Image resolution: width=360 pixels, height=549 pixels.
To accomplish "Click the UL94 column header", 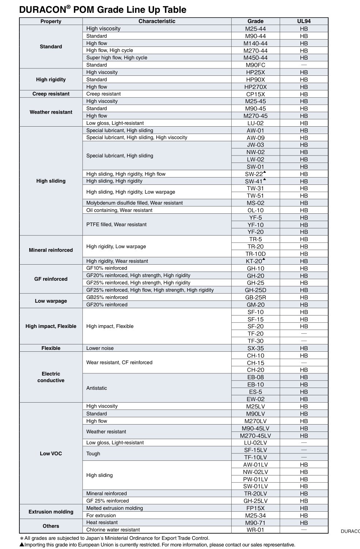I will (x=304, y=21).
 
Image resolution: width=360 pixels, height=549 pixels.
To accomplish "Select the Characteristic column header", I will (x=157, y=21).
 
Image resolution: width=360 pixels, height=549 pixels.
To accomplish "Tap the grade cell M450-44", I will (x=255, y=58).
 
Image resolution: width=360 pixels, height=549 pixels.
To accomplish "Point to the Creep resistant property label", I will (x=51, y=94).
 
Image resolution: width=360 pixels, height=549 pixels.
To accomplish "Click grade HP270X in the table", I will (x=255, y=87).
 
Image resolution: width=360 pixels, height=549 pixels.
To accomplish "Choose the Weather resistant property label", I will (x=51, y=112).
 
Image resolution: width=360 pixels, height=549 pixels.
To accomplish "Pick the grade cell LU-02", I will (x=255, y=123).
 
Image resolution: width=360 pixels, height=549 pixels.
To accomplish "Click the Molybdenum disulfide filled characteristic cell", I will (x=134, y=203).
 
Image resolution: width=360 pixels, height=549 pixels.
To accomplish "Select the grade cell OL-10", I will (x=255, y=210).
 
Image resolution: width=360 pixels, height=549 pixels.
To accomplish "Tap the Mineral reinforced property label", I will (x=51, y=250).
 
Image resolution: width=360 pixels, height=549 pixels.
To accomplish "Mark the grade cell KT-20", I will (x=255, y=261).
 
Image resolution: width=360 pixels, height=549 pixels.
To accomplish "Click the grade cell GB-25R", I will (x=255, y=298).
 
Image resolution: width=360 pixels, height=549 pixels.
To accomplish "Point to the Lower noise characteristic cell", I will (x=100, y=348).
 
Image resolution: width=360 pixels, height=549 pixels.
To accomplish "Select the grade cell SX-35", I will (x=255, y=348).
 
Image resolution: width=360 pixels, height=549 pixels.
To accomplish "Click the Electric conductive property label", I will (x=51, y=377).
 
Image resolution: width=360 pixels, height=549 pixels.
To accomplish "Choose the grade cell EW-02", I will (x=255, y=399).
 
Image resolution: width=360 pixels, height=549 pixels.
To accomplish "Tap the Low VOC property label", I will (x=51, y=453).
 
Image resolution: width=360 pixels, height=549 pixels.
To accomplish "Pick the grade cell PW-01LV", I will (x=255, y=479).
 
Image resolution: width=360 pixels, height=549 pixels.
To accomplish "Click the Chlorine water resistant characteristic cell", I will (x=113, y=530).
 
